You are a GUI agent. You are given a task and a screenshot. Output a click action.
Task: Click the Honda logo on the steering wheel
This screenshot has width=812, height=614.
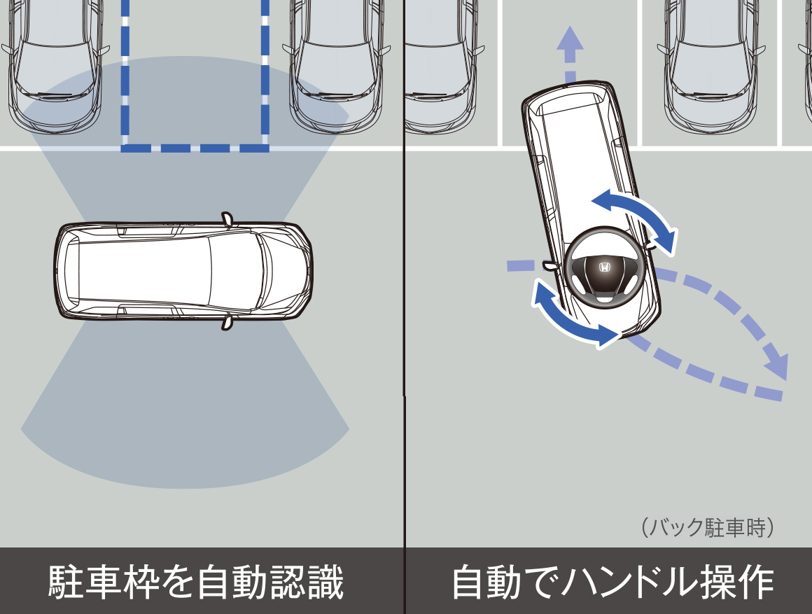603,267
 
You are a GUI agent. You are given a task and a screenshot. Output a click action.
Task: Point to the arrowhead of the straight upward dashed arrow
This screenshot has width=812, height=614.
570,39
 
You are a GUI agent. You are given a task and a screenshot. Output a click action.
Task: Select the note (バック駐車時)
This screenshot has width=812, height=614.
707,526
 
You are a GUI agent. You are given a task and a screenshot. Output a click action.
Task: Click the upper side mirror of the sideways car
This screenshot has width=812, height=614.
227,218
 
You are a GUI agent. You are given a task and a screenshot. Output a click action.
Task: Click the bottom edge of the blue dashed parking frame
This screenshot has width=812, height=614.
195,148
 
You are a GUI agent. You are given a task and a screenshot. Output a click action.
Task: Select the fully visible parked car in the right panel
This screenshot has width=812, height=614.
710,63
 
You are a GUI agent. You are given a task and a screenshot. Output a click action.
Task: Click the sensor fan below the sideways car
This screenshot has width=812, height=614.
185,413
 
